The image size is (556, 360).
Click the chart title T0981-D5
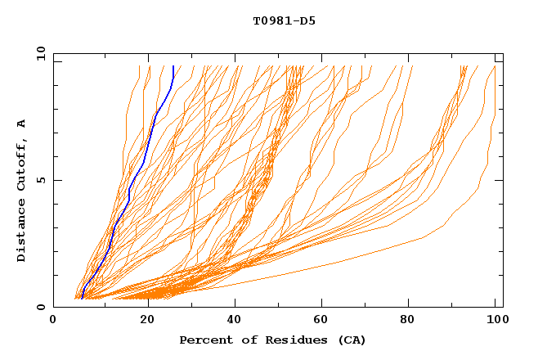click(284, 21)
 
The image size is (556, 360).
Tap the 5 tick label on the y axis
click(41, 180)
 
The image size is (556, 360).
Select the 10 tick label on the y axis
click(39, 53)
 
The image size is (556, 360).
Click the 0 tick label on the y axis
click(41, 307)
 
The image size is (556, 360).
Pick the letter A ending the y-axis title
click(21, 124)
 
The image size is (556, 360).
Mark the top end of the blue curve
click(173, 66)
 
